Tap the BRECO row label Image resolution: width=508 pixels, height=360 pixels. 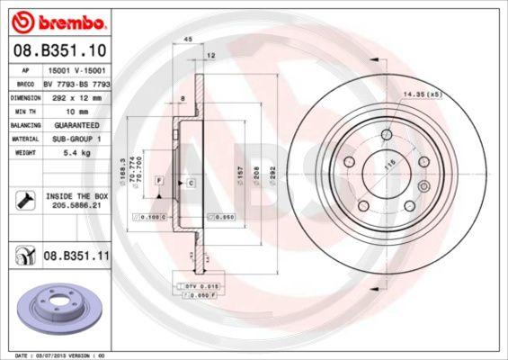26,82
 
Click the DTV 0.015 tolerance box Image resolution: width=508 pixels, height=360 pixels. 196,286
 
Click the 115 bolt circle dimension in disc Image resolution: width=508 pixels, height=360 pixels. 388,166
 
